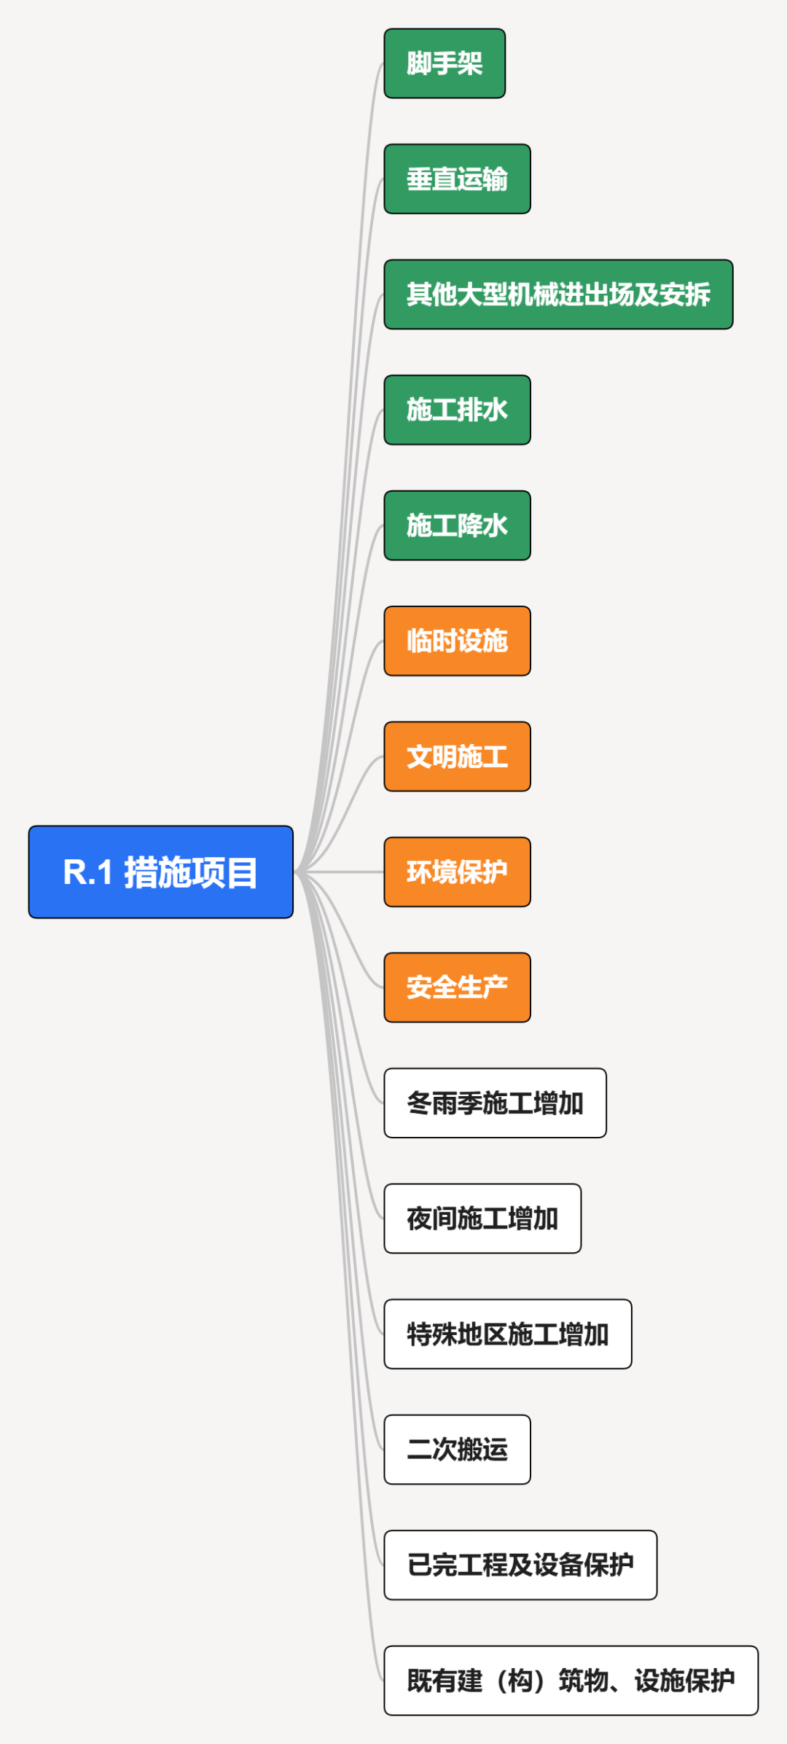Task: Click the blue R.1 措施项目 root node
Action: [160, 872]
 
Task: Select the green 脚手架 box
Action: [445, 63]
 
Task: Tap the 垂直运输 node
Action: [457, 179]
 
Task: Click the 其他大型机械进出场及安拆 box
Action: [558, 294]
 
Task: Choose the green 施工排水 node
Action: [457, 410]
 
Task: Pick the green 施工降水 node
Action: [457, 525]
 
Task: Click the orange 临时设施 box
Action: [457, 641]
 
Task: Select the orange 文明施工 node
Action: [457, 756]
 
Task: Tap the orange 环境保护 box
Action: [457, 872]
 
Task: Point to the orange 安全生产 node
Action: [457, 988]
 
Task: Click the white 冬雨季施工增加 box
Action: [495, 1103]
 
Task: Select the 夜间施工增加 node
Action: [482, 1219]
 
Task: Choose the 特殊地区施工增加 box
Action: [507, 1334]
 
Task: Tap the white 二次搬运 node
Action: [457, 1450]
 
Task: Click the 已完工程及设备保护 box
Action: [520, 1565]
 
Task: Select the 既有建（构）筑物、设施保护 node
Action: [571, 1681]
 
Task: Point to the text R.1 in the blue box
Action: [87, 872]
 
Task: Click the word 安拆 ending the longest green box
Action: [685, 294]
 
